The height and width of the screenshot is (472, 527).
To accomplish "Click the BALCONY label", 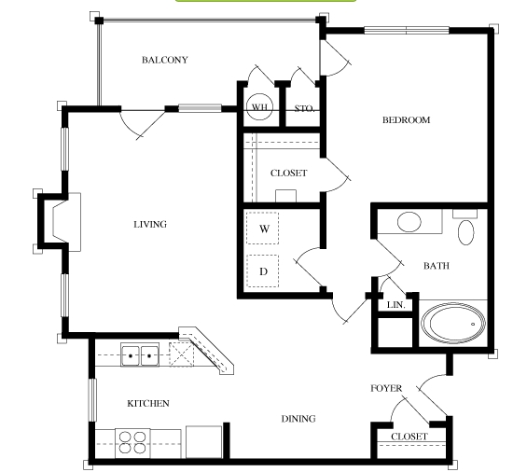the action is pos(165,60).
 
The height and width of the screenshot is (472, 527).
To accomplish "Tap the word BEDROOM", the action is pos(407,120).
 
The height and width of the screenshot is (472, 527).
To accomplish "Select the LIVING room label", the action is pos(150,224).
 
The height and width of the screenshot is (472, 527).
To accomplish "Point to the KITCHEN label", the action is pos(148,403).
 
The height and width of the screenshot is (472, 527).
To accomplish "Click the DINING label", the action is pos(298,419).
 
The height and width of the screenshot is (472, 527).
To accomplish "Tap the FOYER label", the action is pos(386,388).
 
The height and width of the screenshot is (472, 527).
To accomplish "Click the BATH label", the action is pos(437,266).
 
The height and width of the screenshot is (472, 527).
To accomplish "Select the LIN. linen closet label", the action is pos(396,305).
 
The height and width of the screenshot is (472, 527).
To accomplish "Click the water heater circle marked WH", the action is pos(259,107).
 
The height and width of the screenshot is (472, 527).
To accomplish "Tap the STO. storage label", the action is pos(304,108).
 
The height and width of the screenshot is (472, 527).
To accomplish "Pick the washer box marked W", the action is pos(262,229).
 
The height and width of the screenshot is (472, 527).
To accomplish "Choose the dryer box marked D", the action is pos(262,271).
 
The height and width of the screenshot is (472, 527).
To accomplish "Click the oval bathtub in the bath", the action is pos(453,323).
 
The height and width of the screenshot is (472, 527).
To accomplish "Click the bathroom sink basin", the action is pos(409,222).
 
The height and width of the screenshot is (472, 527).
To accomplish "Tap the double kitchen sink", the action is pos(140,354).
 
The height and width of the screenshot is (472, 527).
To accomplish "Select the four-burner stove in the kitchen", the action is pos(132,443).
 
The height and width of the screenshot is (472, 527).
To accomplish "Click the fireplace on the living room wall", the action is pos(60,222).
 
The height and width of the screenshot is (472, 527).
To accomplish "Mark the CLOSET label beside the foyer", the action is pos(409,437).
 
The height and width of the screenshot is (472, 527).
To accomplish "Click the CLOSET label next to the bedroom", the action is pos(289,174).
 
